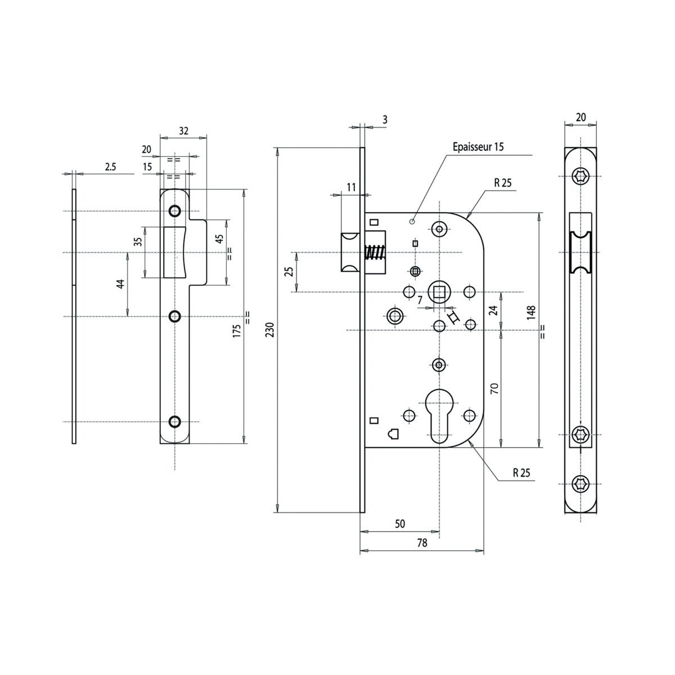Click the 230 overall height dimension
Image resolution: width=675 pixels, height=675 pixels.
(x=269, y=330)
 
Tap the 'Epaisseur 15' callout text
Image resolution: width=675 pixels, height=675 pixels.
(x=478, y=147)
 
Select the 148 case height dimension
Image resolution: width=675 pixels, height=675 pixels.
(x=531, y=312)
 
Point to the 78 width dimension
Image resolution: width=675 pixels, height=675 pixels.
(x=422, y=543)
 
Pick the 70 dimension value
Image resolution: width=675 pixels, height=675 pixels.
(x=494, y=389)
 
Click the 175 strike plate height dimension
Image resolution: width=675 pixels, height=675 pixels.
(x=237, y=330)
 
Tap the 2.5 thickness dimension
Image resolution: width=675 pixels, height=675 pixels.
(x=110, y=166)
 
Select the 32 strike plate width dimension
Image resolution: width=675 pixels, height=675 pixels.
(x=183, y=130)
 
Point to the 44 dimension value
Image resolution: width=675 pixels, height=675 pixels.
(x=120, y=283)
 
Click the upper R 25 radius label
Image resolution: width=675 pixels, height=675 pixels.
(x=503, y=182)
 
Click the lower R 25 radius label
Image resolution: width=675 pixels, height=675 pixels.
(x=521, y=472)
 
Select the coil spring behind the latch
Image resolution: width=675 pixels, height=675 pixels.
(x=375, y=253)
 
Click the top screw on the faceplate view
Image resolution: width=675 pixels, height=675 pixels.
(x=580, y=175)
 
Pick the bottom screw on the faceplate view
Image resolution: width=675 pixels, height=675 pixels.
(x=580, y=484)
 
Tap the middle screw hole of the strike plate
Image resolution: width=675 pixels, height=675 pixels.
(x=175, y=316)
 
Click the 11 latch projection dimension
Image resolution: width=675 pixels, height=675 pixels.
(x=352, y=187)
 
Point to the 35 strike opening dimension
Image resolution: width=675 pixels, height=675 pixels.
(x=138, y=241)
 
